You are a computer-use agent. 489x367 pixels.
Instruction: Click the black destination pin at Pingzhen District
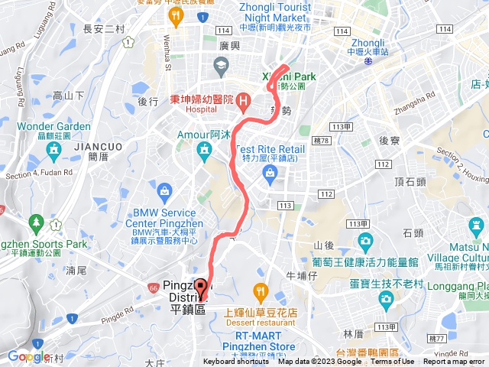[201, 287]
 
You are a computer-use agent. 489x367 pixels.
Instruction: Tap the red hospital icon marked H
[243, 101]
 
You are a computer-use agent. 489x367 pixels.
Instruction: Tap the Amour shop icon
[205, 152]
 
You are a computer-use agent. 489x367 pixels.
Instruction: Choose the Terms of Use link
[393, 362]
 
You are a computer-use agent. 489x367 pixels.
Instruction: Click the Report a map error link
[454, 362]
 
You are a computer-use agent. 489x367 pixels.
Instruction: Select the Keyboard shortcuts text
[236, 362]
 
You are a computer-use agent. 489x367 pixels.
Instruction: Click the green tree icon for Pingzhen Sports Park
[36, 222]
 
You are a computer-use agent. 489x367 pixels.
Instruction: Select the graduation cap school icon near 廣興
[221, 66]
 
